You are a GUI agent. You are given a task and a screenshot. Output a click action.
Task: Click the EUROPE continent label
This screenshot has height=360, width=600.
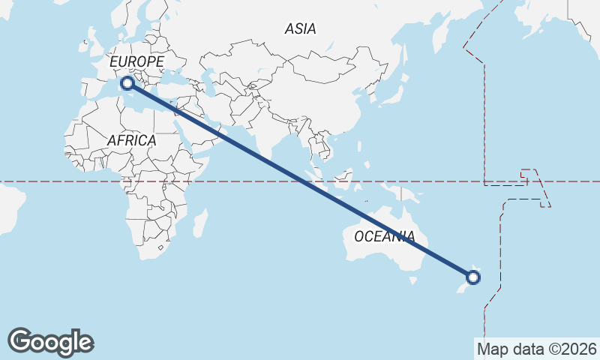136,61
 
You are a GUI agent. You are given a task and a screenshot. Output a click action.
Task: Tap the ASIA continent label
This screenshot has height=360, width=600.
300,29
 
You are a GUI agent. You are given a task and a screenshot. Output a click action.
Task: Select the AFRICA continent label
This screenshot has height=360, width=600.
131,140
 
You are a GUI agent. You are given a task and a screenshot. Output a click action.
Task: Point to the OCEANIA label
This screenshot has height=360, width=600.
384,236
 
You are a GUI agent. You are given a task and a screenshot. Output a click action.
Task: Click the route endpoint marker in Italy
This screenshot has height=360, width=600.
127,83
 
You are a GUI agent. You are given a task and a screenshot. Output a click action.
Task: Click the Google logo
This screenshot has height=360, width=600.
50,342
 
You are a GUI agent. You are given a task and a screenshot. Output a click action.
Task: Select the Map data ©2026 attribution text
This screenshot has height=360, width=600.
536,349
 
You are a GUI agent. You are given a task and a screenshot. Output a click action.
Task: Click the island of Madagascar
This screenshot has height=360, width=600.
199,223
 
